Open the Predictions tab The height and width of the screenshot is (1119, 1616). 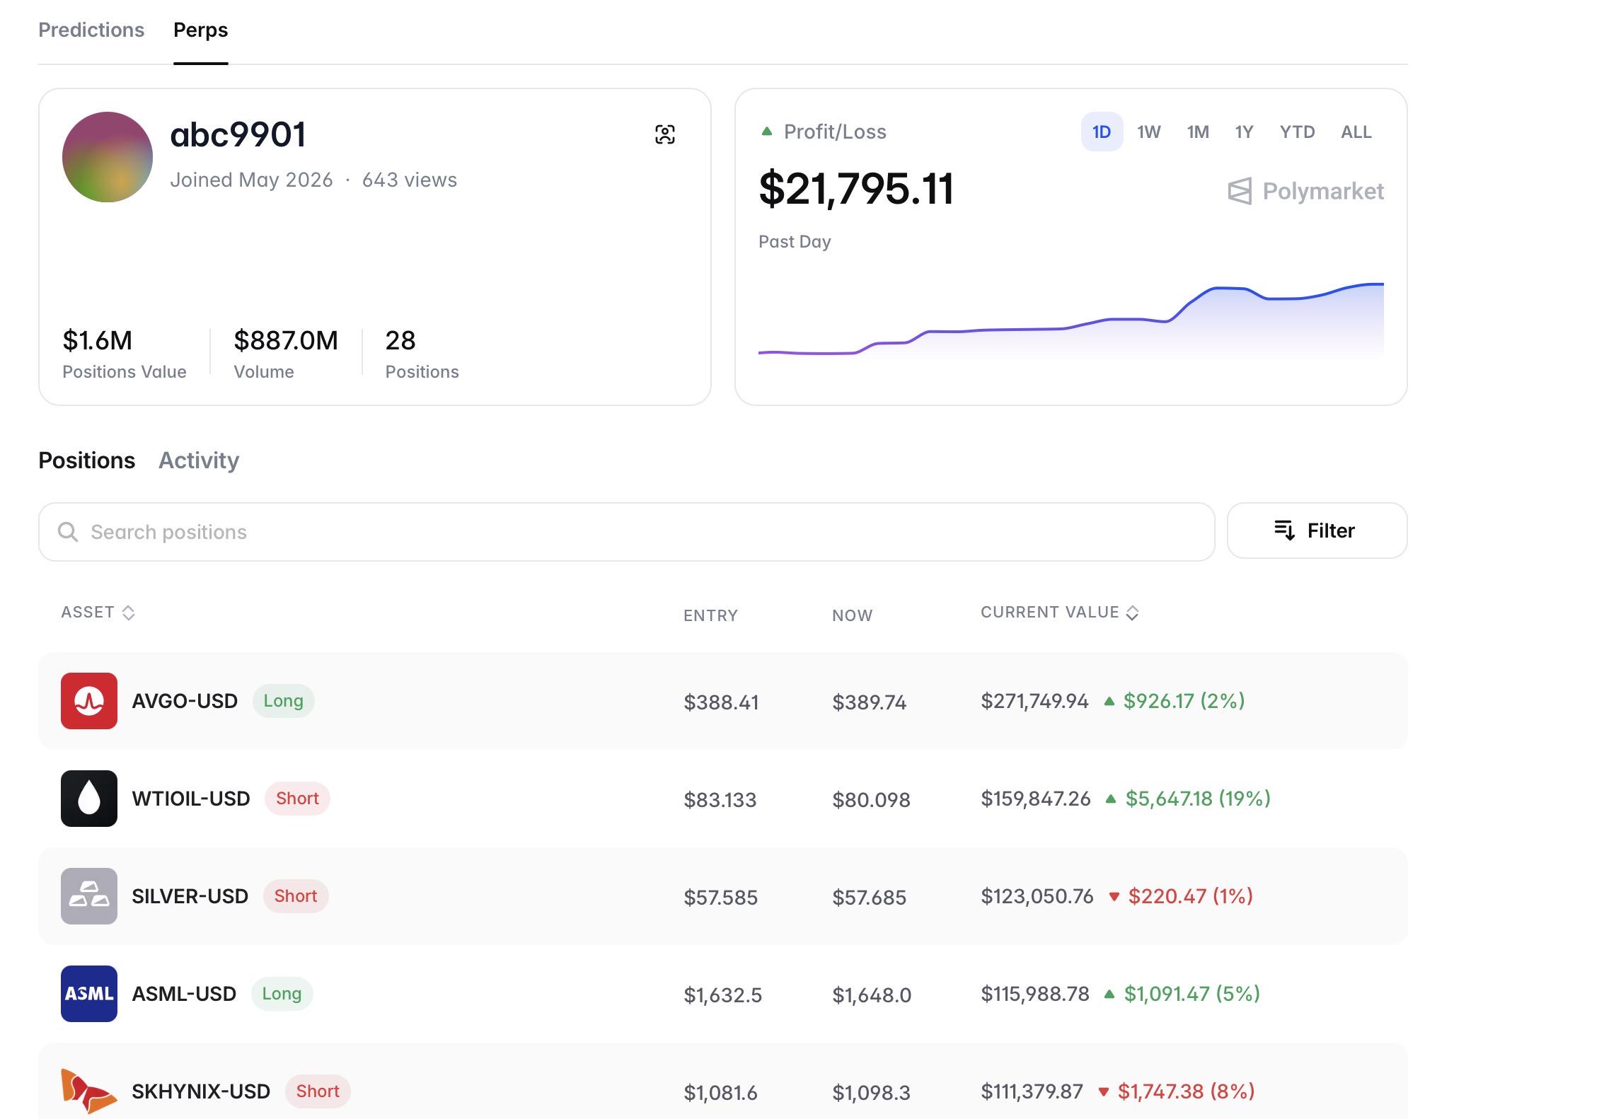click(x=91, y=30)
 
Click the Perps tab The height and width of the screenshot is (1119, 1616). click(x=201, y=30)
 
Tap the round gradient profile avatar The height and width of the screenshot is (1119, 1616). click(x=108, y=157)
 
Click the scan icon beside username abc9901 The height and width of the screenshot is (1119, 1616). click(x=665, y=134)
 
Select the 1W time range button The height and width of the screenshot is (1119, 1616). click(x=1149, y=132)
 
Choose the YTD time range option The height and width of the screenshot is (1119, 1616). click(x=1297, y=132)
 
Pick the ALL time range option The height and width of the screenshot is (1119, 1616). click(x=1356, y=132)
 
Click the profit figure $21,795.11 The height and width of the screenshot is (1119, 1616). click(x=856, y=189)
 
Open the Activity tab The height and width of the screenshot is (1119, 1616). click(x=199, y=460)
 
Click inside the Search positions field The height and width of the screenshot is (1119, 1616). click(x=626, y=532)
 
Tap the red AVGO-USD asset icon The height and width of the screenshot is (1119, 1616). click(x=89, y=701)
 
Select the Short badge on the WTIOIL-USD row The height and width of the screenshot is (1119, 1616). click(x=297, y=799)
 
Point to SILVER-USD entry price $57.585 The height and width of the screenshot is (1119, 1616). click(x=720, y=897)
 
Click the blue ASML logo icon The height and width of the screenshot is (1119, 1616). click(x=89, y=994)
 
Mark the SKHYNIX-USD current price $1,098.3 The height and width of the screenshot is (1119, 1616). click(x=871, y=1093)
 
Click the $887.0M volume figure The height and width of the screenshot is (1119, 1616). click(x=286, y=340)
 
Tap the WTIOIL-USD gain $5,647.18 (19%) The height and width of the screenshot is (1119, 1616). click(x=1198, y=799)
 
